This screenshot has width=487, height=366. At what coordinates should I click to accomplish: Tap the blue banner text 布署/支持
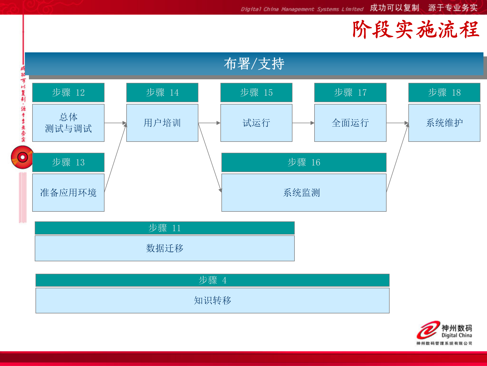[x=254, y=64]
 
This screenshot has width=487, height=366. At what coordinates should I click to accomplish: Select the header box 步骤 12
[x=68, y=93]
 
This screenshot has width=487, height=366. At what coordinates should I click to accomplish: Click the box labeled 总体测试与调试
[x=68, y=123]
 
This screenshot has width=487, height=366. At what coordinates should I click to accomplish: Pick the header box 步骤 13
[x=68, y=162]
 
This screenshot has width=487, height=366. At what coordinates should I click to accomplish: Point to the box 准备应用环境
[x=68, y=193]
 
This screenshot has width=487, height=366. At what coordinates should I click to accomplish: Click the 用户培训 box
[x=162, y=123]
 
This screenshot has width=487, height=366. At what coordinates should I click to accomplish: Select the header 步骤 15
[x=256, y=93]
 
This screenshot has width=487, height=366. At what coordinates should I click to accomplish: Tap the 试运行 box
[x=256, y=123]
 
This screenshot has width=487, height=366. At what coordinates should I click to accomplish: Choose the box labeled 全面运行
[x=350, y=123]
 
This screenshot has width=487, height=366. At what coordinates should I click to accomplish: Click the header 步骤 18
[x=444, y=93]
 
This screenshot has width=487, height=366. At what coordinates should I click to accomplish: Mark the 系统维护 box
[x=444, y=123]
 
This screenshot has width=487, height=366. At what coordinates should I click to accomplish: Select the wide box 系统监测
[x=304, y=193]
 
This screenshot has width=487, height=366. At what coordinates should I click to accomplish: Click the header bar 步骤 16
[x=304, y=162]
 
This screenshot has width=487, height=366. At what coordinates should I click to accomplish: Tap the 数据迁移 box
[x=165, y=248]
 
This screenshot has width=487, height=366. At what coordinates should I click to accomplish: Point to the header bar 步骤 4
[x=212, y=280]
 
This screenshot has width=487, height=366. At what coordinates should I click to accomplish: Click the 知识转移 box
[x=212, y=300]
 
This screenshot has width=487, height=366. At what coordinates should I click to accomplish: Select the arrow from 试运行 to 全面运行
[x=303, y=123]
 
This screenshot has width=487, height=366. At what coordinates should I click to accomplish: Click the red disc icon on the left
[x=22, y=157]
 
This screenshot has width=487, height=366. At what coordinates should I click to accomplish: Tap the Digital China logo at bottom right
[x=444, y=333]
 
